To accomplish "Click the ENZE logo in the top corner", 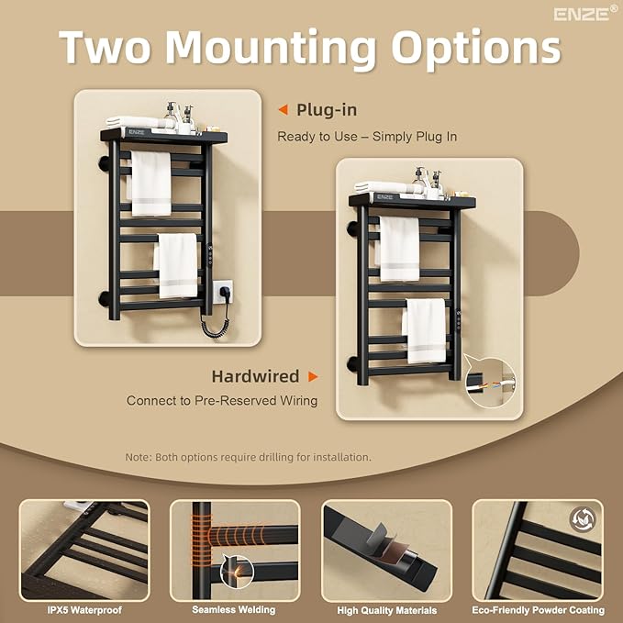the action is tap(585, 14).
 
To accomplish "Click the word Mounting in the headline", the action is tap(271, 48).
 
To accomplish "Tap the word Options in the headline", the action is tap(476, 48).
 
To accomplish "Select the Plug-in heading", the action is tap(327, 110).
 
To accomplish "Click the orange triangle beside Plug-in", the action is tap(284, 110).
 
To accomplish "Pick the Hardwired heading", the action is tap(255, 376).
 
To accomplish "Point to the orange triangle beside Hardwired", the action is tap(313, 376).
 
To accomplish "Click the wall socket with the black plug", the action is tap(222, 291).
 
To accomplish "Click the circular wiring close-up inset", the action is tap(490, 384).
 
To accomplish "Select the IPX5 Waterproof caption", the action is tap(84, 610).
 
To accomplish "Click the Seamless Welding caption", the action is tap(234, 609).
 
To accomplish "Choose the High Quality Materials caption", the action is tap(386, 610).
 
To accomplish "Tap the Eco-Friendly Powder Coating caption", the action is tap(538, 610).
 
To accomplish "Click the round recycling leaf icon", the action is tap(582, 519).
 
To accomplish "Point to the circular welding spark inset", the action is tap(238, 572).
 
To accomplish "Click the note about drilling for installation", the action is tap(248, 457).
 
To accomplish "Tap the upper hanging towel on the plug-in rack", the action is tap(151, 184).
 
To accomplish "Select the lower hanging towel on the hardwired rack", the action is tap(425, 330).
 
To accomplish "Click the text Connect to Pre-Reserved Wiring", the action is tap(222, 400).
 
